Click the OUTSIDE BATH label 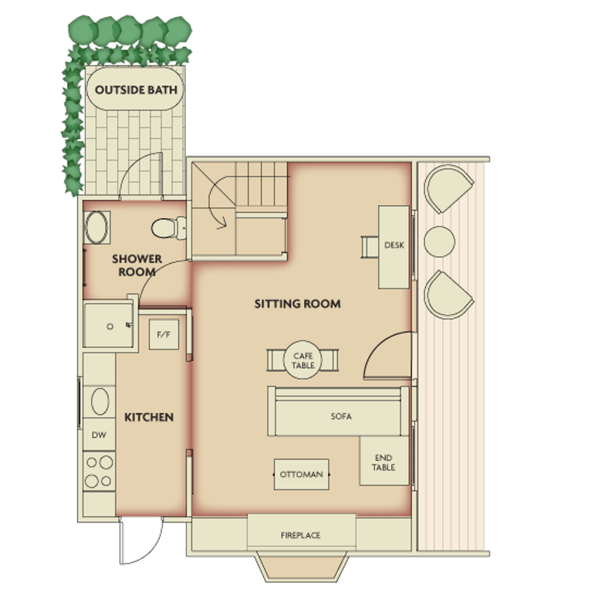[136, 90]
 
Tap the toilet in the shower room [168, 228]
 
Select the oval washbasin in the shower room [96, 228]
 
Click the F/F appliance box [164, 334]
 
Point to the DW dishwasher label [99, 434]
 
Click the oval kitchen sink [100, 401]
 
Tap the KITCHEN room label [149, 417]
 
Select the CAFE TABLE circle [303, 360]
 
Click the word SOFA [341, 417]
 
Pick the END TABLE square [384, 461]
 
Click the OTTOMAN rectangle [301, 474]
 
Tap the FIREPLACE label [300, 535]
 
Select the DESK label [394, 245]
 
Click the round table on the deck [439, 242]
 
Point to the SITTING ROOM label [298, 304]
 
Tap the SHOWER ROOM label [137, 265]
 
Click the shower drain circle [110, 326]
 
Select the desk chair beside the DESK [370, 247]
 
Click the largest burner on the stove [106, 463]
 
